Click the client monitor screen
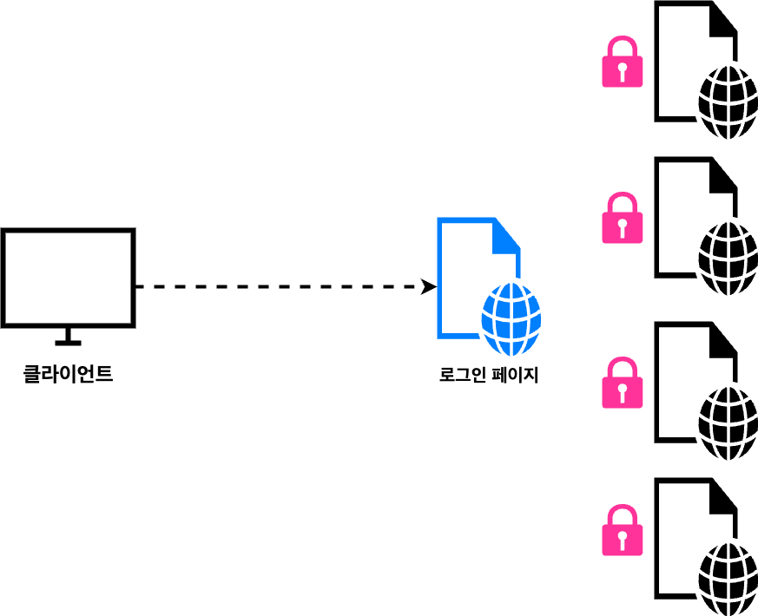[x=68, y=277]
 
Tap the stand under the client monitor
[x=68, y=337]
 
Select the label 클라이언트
[x=68, y=375]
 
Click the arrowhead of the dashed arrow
[x=429, y=286]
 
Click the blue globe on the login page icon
[x=511, y=318]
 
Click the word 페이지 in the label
[x=515, y=376]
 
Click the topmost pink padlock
[x=623, y=63]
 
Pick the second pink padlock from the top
[x=623, y=220]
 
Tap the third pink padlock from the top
[x=623, y=384]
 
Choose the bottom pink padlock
[x=623, y=532]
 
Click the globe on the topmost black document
[x=728, y=102]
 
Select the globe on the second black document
[x=728, y=259]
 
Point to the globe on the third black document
[x=728, y=423]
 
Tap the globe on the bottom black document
[x=728, y=580]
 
